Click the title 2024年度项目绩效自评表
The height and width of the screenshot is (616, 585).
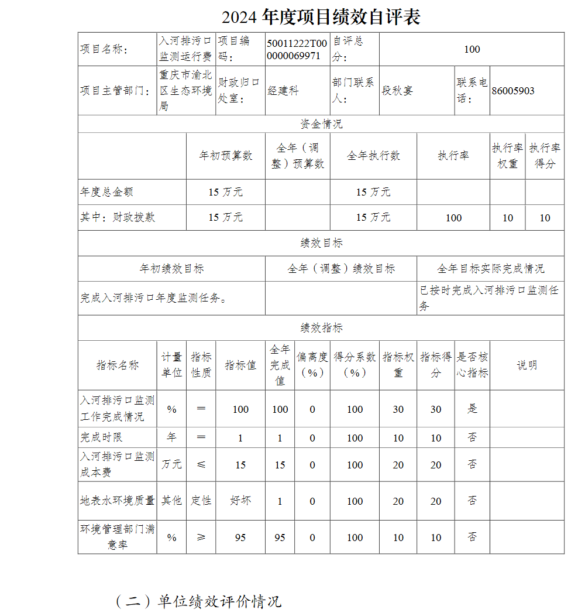click(x=321, y=17)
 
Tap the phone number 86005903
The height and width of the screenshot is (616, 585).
click(x=513, y=91)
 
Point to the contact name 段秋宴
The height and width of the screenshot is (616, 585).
click(x=397, y=91)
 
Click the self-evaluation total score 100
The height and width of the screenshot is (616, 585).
click(x=472, y=49)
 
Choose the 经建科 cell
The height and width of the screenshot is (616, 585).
click(x=283, y=91)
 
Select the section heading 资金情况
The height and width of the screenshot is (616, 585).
click(x=321, y=124)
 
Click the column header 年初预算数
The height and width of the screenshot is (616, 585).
click(x=225, y=156)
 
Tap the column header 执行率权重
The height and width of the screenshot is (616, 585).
click(x=507, y=156)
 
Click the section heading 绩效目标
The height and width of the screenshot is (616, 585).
click(x=321, y=243)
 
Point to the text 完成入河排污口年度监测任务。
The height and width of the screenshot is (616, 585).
click(x=153, y=298)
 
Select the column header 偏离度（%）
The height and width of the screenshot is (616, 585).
click(x=312, y=365)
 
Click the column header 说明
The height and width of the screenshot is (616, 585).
click(x=526, y=365)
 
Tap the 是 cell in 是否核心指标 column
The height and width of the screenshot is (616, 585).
click(x=472, y=409)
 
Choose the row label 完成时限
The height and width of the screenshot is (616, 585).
click(x=101, y=437)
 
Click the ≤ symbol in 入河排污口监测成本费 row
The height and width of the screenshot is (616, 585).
click(x=201, y=464)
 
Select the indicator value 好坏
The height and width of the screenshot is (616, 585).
click(x=240, y=501)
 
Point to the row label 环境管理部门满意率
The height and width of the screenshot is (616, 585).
click(x=117, y=537)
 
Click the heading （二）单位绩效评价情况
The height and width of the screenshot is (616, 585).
click(x=198, y=601)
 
